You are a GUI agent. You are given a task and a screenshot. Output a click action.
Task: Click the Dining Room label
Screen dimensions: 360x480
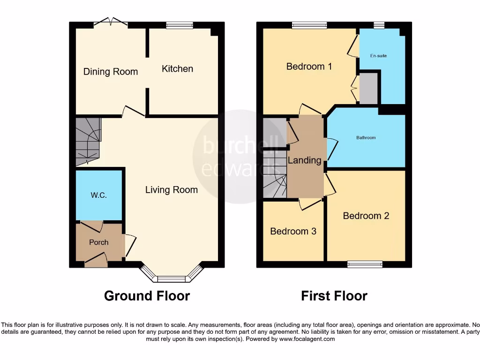coord(111,72)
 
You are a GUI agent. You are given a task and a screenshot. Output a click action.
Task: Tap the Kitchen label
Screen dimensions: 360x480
coord(177,69)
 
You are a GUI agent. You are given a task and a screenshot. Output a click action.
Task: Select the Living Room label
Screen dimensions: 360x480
coord(171,190)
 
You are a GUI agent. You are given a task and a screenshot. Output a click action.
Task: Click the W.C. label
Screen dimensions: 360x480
coord(99,195)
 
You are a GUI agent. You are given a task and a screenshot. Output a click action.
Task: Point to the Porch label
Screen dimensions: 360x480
coord(98,242)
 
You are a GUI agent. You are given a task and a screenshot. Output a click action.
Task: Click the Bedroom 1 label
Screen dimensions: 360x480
coord(309,67)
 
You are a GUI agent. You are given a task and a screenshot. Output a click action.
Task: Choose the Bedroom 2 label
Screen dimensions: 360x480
coord(366,216)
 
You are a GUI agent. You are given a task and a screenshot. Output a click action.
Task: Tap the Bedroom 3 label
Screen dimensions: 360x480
coord(293,232)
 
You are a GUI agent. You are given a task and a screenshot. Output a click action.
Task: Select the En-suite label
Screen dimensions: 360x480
coord(378,56)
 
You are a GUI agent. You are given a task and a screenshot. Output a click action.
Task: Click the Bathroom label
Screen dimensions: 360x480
coord(366,138)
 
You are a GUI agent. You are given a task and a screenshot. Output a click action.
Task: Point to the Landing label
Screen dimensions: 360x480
coord(304,160)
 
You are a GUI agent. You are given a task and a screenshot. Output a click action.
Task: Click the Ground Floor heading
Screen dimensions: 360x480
coord(147,296)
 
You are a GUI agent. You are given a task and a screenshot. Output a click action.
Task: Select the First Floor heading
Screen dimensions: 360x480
coord(334,296)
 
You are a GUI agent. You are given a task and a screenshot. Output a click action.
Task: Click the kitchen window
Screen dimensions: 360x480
coord(180,25)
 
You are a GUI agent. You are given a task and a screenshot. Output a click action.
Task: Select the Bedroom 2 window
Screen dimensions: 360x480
coord(365,265)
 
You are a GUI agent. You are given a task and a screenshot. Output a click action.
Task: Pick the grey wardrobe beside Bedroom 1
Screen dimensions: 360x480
coord(368,88)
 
